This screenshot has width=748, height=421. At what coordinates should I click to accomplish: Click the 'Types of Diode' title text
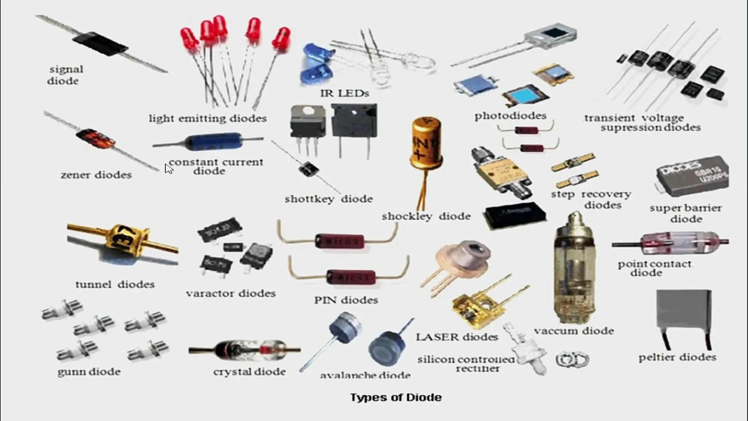coord(395,397)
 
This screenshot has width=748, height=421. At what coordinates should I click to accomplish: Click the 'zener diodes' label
coord(96,175)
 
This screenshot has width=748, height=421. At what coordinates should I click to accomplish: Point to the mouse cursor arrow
coord(168,168)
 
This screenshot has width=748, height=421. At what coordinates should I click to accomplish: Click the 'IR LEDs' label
coord(344,94)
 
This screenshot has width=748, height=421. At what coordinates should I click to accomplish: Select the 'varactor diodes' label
coord(231,294)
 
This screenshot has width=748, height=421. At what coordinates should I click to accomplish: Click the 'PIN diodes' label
coord(346,300)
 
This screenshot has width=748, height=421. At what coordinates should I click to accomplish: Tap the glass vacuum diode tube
coord(574,269)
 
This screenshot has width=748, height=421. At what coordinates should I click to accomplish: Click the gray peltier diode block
coord(684,310)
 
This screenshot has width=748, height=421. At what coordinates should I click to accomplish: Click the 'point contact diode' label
coord(654,268)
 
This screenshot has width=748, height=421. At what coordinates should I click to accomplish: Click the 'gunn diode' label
coord(89,372)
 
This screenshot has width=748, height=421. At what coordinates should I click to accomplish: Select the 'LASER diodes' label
coord(457,337)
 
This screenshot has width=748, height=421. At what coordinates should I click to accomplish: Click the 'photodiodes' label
coord(510,116)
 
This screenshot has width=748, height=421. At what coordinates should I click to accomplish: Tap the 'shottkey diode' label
coord(328,199)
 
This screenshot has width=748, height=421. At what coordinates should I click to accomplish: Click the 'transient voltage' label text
coord(634,118)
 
